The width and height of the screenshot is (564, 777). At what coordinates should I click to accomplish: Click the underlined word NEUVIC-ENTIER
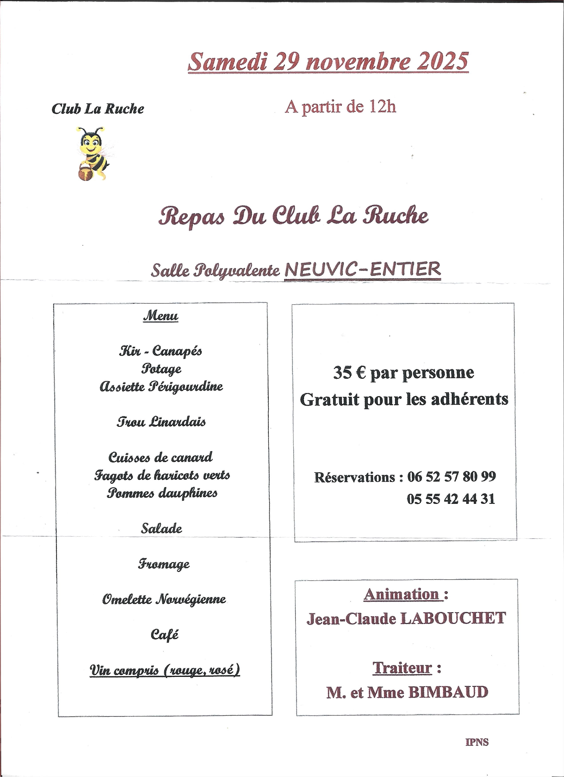tap(362, 270)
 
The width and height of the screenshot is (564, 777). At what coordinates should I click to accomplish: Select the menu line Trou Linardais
tap(161, 421)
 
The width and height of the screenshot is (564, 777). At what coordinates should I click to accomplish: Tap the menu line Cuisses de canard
tap(160, 457)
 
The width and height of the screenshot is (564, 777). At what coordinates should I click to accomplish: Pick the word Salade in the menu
tap(161, 528)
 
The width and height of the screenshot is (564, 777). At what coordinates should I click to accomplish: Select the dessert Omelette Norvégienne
tap(164, 599)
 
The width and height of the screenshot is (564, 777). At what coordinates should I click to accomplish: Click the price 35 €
tap(349, 373)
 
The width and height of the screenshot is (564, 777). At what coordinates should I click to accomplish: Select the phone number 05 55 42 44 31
tap(451, 499)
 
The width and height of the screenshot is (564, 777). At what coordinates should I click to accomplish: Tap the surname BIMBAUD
tap(448, 692)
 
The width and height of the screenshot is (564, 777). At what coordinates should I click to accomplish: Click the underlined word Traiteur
tap(402, 668)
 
